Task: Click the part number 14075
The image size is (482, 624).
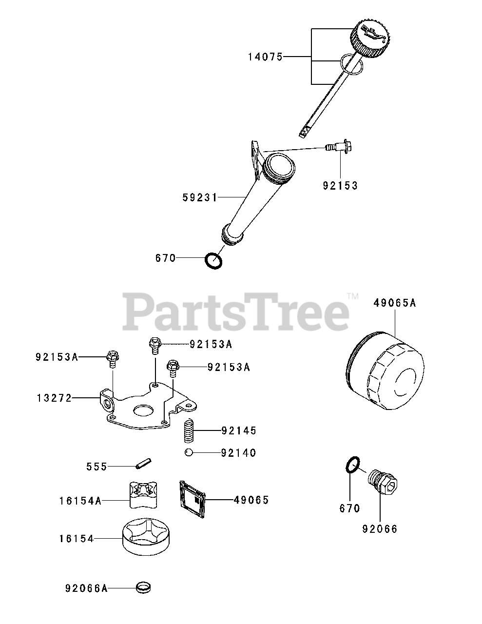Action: pyautogui.click(x=265, y=57)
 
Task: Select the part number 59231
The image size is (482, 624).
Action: pyautogui.click(x=200, y=197)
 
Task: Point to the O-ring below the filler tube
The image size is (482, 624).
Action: pyautogui.click(x=214, y=260)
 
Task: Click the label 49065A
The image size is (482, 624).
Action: pyautogui.click(x=395, y=303)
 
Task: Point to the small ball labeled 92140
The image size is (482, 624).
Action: pyautogui.click(x=188, y=453)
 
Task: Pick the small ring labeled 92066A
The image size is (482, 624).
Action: pyautogui.click(x=143, y=587)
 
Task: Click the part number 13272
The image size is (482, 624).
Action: pyautogui.click(x=54, y=398)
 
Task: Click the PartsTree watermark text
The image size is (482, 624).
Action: pyautogui.click(x=235, y=311)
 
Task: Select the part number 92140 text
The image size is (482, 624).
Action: pyautogui.click(x=238, y=453)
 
